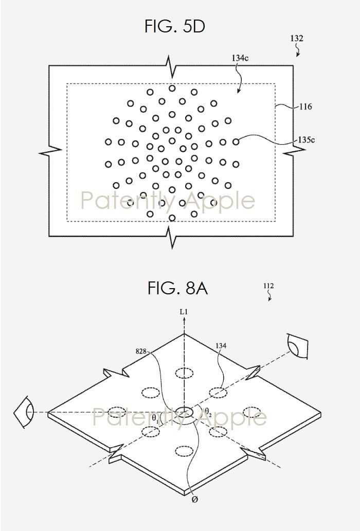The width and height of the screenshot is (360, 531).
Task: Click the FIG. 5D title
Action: point(174,26)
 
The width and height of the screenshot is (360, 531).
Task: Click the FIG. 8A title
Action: point(177,288)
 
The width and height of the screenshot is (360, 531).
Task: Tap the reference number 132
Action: point(296,38)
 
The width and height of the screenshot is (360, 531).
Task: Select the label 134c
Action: point(240,58)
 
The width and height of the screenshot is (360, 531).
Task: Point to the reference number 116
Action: point(305,107)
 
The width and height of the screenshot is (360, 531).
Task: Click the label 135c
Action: point(306,139)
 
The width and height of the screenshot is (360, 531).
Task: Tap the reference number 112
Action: point(268,286)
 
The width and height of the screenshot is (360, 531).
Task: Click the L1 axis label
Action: point(184,311)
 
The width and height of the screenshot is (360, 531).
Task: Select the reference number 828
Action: point(141,351)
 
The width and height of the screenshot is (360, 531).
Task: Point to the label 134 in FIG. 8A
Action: point(221,345)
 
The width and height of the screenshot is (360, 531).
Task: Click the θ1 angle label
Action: point(155,418)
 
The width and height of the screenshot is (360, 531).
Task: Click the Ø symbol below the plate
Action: point(194,500)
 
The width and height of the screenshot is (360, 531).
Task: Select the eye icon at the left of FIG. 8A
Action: point(24,413)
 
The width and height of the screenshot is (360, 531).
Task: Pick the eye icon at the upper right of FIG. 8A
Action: point(297,346)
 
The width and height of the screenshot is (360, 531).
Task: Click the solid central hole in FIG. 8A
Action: point(185,412)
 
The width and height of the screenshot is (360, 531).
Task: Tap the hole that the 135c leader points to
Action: point(236,142)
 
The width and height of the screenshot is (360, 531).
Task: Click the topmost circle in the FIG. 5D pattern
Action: point(172,88)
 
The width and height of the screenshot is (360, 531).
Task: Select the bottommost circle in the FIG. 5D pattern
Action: point(172,218)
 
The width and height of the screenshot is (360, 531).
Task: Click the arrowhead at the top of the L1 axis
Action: point(184,319)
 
